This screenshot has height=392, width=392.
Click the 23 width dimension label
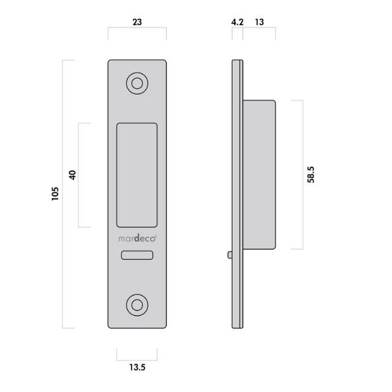point(137,21)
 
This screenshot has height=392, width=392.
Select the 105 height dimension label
point(55,194)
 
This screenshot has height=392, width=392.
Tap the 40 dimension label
point(72,175)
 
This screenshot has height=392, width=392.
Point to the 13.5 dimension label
point(137,367)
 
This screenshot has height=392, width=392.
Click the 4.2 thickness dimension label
point(237,21)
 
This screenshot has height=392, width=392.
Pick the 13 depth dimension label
point(259,21)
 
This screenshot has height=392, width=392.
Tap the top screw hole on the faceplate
point(137,84)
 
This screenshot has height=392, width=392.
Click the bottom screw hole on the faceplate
point(137,304)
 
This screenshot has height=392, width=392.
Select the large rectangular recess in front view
point(137,175)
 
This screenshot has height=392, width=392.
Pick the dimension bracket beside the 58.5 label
point(300,175)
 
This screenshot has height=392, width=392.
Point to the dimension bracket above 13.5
point(137,352)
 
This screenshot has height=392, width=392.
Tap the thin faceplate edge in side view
point(238,194)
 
